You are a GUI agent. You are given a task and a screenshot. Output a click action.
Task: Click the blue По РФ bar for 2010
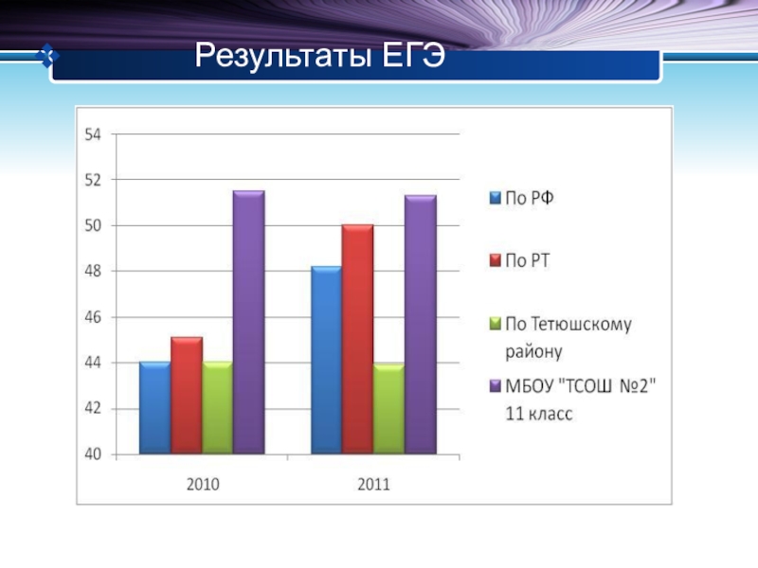point(154,408)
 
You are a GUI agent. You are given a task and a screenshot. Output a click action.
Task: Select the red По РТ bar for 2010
point(186,396)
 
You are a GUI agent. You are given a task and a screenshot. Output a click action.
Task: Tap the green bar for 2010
point(217,408)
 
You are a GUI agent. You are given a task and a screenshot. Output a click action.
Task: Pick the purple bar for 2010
point(248,323)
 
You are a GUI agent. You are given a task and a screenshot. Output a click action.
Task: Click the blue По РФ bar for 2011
point(326,361)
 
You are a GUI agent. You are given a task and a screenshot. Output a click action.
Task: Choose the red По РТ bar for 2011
point(357,340)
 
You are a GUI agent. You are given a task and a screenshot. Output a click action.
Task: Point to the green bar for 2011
point(388,409)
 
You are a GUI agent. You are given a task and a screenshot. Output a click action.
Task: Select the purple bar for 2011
point(420,325)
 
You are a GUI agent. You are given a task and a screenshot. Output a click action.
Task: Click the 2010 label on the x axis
point(202,484)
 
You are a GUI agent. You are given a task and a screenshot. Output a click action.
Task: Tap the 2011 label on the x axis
point(373,484)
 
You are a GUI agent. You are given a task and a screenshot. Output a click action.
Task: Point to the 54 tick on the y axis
point(93,134)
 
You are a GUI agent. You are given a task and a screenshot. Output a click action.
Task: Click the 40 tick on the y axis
point(93,454)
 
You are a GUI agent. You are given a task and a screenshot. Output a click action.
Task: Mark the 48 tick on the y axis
point(93,272)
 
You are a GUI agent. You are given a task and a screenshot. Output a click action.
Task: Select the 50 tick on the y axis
point(93,226)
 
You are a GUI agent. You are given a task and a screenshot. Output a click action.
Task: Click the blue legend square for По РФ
point(493,199)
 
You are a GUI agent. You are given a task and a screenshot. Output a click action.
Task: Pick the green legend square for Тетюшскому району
point(493,325)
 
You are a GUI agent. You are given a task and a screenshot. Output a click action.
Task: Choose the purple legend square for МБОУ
point(493,386)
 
